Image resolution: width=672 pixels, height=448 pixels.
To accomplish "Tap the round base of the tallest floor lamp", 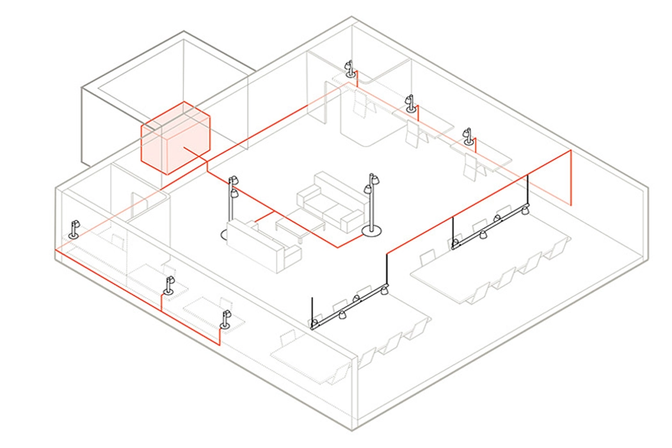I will tap(371, 230).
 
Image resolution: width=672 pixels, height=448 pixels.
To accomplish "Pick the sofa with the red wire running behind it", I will tap(262, 243).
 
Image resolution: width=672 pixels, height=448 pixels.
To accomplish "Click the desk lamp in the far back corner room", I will tap(349, 69).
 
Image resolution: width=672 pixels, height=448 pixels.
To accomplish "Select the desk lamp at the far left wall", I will tap(75, 229).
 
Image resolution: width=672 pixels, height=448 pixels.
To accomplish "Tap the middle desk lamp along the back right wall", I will tap(410, 104).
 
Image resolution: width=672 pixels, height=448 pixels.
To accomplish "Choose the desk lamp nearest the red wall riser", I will tap(468, 138).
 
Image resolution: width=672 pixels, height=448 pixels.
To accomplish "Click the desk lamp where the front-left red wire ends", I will tap(225, 320).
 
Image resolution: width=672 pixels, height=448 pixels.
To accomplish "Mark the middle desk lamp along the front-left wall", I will tap(169, 286).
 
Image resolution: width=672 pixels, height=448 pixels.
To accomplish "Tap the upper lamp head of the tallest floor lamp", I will tap(372, 179).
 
